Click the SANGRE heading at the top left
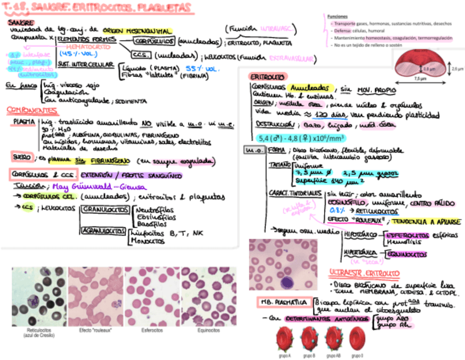pos(20,22)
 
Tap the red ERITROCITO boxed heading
pos(266,77)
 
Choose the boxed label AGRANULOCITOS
pos(103,232)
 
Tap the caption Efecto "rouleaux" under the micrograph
pos(95,330)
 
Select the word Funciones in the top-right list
pos(337,16)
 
